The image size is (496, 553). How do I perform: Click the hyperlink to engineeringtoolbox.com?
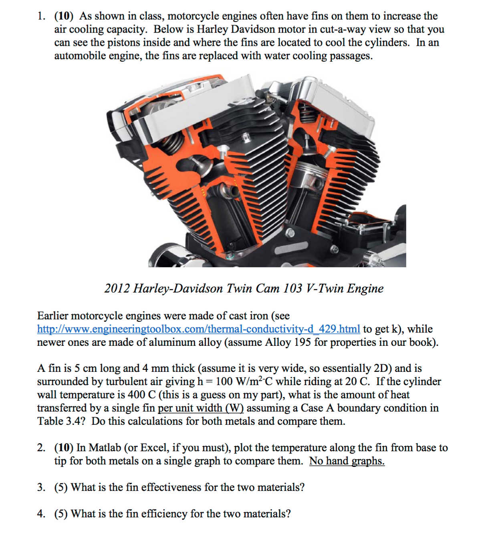(198, 329)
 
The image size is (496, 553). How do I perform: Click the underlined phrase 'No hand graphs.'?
(347, 461)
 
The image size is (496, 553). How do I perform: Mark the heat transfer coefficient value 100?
(224, 381)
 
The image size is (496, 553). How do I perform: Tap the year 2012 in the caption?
(117, 289)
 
